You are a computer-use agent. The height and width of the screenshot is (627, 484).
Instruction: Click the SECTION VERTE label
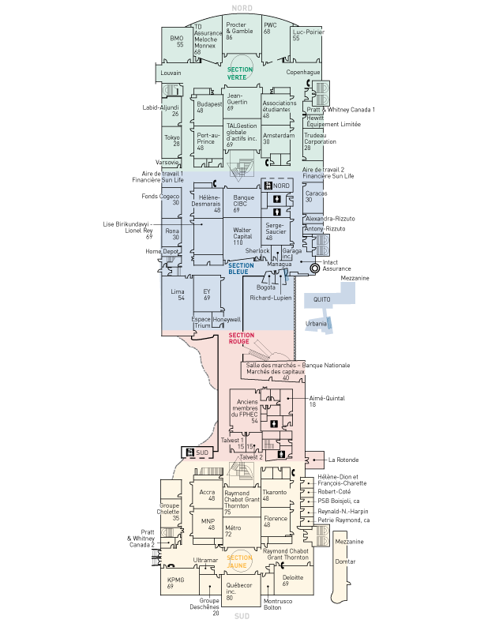(240, 73)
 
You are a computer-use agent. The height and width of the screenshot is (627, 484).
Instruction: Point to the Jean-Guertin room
(237, 101)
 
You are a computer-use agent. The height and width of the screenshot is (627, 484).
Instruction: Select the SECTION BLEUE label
(242, 268)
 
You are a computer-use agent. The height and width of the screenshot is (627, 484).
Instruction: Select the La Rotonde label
(343, 459)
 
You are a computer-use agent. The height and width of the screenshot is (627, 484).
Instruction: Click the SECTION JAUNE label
(239, 561)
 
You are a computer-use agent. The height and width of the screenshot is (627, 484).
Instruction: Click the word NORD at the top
(242, 8)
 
